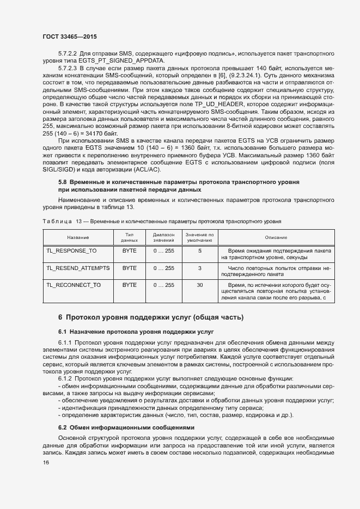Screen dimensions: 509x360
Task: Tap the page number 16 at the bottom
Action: pyautogui.click(x=46, y=463)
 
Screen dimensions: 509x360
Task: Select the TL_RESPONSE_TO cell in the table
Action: pyautogui.click(x=71, y=251)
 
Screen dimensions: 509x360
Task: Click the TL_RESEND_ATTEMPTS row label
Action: pyautogui.click(x=78, y=268)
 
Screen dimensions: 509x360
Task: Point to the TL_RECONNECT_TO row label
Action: pyautogui.click(x=74, y=285)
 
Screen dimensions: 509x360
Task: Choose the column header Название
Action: pyautogui.click(x=78, y=238)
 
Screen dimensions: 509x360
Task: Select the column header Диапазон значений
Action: pyautogui.click(x=163, y=238)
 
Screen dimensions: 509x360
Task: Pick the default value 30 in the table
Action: pyautogui.click(x=200, y=285)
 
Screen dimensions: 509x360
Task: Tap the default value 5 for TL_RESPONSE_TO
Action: pyautogui.click(x=200, y=251)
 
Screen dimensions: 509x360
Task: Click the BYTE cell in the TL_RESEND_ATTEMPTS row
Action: pyautogui.click(x=130, y=268)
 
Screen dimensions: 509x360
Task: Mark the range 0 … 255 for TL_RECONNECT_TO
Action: pyautogui.click(x=163, y=285)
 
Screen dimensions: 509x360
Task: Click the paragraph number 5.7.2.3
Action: pyautogui.click(x=69, y=68)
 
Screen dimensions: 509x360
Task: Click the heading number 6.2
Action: pyautogui.click(x=63, y=427)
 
